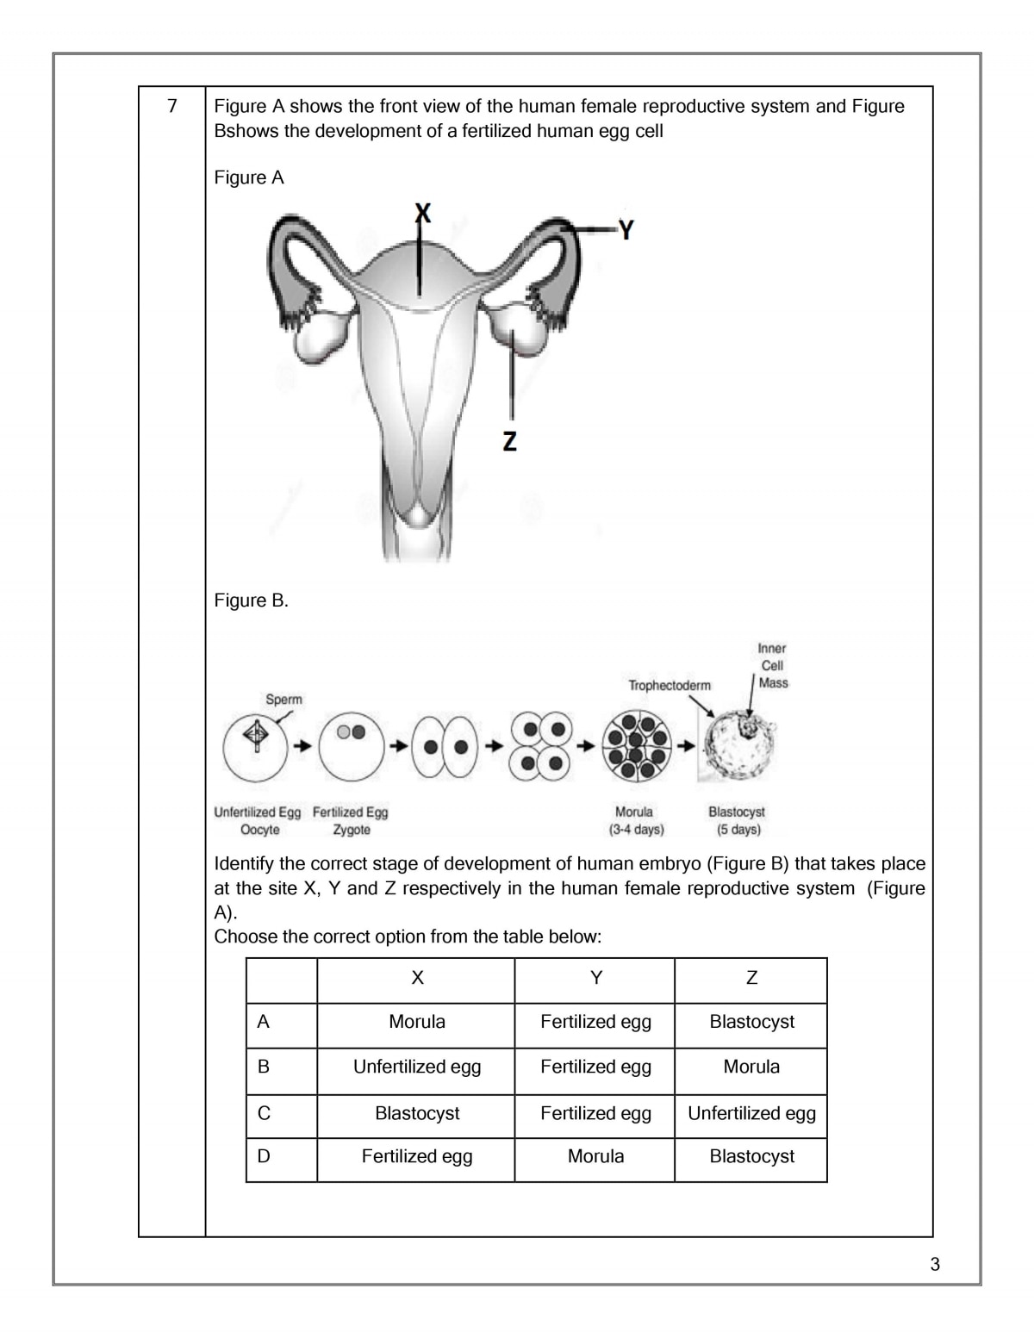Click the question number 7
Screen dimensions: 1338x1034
[172, 106]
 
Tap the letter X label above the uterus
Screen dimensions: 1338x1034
[421, 212]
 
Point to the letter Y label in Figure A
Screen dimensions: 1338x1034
[626, 230]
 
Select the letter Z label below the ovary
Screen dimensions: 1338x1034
[510, 441]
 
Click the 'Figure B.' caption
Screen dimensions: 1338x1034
[251, 601]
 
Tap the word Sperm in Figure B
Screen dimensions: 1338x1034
[283, 700]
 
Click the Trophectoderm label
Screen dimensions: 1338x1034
[670, 686]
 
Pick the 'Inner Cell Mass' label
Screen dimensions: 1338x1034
[772, 665]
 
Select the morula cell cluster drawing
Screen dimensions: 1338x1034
[637, 746]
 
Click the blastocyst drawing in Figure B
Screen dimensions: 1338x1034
[740, 746]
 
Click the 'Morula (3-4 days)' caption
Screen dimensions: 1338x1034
[635, 820]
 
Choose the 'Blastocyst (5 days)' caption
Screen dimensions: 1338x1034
[737, 820]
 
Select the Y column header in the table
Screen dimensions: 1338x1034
[595, 978]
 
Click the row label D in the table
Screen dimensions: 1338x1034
[264, 1156]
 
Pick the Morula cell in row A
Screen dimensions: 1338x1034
[417, 1022]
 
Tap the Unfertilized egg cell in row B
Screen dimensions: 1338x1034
[417, 1067]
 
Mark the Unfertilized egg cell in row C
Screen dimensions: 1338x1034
[751, 1113]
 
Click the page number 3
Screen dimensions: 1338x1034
[935, 1265]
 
